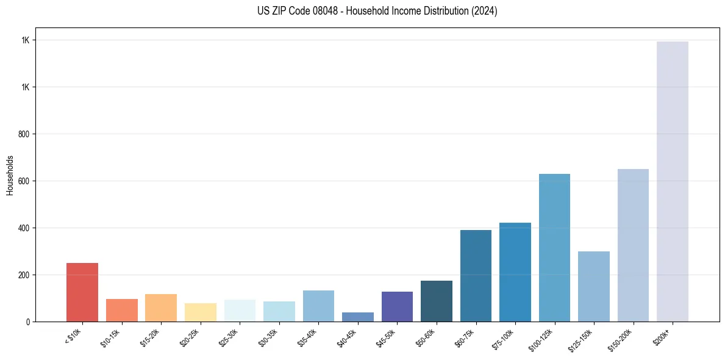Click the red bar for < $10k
[x=82, y=292]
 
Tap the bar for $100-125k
[x=554, y=248]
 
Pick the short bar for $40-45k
[x=358, y=317]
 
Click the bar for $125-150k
[x=594, y=286]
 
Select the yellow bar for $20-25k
[x=201, y=312]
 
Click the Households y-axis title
[x=10, y=175]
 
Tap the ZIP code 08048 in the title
[x=309, y=11]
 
